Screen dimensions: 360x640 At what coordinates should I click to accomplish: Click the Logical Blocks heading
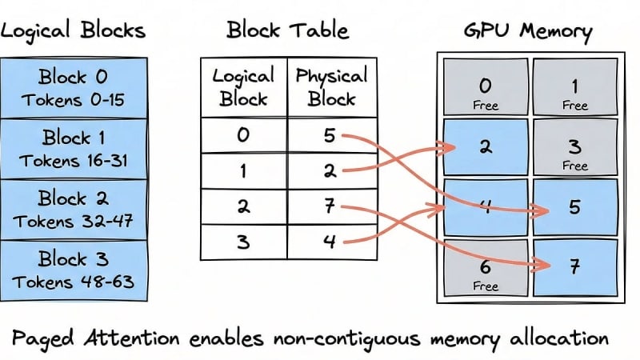(73, 31)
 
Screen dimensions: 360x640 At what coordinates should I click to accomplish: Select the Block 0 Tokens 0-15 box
(73, 88)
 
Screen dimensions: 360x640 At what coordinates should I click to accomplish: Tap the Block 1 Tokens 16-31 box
(73, 148)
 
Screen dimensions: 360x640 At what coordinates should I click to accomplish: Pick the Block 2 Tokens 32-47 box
(73, 209)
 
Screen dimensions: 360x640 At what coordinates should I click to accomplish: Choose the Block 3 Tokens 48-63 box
(73, 270)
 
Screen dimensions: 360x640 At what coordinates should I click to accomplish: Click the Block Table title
(287, 31)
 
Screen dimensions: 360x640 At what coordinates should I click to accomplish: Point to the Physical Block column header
(330, 87)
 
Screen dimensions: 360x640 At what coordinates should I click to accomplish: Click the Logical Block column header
(243, 87)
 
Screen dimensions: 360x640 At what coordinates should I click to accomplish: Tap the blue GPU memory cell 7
(574, 267)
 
